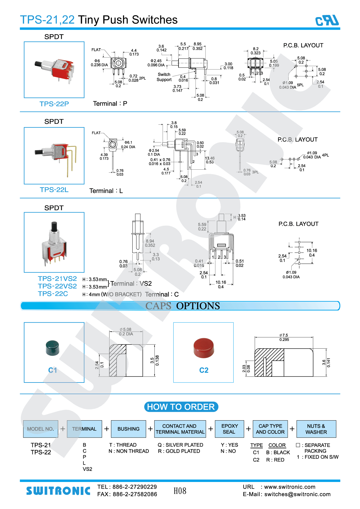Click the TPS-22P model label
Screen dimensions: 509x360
coord(54,104)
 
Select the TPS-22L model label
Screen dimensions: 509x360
coord(54,190)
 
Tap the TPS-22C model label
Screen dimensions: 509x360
coord(53,294)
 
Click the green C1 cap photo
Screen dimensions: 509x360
coord(52,348)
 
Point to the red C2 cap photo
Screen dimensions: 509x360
coord(204,348)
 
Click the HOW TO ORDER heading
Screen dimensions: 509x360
coord(181,407)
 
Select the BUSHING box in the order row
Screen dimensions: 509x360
coord(128,429)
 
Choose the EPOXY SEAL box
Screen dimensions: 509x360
coord(229,429)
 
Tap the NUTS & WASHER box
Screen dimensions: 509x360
coord(316,429)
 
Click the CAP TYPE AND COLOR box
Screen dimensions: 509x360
coord(270,429)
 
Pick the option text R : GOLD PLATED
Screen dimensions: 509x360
coord(179,451)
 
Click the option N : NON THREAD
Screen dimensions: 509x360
coord(129,451)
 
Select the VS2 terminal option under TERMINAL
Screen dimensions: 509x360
coord(88,469)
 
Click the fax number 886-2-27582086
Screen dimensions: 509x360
coord(135,494)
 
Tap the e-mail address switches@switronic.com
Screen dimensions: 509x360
coord(297,494)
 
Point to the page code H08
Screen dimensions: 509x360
coord(180,491)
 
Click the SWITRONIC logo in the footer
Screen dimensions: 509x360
coord(58,491)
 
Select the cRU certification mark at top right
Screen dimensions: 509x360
coord(327,21)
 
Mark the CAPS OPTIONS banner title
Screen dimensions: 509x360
coord(183,306)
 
